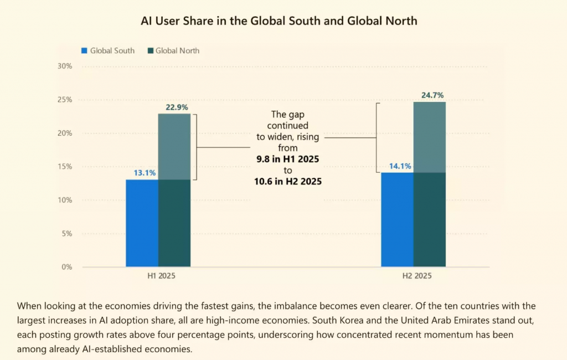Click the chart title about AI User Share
pyautogui.click(x=279, y=21)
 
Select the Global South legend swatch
pyautogui.click(x=85, y=50)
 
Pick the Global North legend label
pyautogui.click(x=177, y=50)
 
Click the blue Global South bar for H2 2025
pyautogui.click(x=397, y=220)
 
